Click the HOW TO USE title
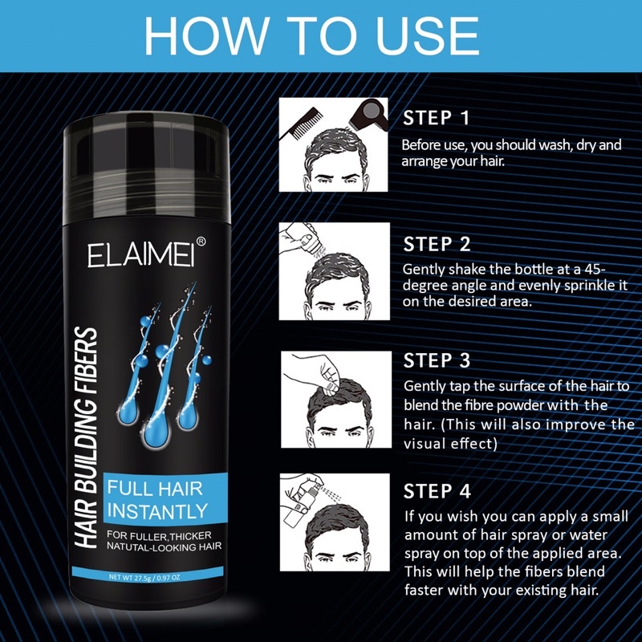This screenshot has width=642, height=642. coord(311,35)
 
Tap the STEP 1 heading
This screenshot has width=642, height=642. coord(436,118)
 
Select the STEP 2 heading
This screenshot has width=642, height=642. coord(437,245)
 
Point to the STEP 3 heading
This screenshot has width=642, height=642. coord(437,360)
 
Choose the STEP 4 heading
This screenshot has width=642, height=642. coord(437,491)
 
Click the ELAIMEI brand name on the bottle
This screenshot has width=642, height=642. coord(140,256)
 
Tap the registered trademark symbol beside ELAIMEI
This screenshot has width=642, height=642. coord(201,242)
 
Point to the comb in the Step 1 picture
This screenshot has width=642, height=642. coord(299,123)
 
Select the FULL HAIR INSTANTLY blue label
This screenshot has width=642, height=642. coord(165,499)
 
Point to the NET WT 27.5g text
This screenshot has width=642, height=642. coord(144,578)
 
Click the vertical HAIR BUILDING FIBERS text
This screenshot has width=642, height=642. coord(87,437)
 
